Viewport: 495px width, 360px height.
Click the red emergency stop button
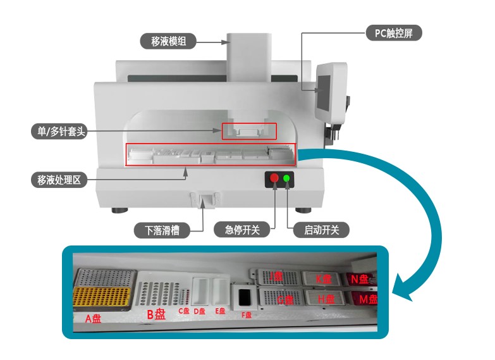pos(274,178)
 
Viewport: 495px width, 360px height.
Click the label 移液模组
pos(169,42)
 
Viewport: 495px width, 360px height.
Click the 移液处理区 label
pos(58,180)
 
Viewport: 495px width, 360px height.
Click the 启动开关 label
pos(321,230)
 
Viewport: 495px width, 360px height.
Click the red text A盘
pos(93,318)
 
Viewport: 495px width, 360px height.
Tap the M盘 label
pos(364,299)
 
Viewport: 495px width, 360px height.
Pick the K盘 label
pos(324,278)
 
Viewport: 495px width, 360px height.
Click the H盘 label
pos(326,299)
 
